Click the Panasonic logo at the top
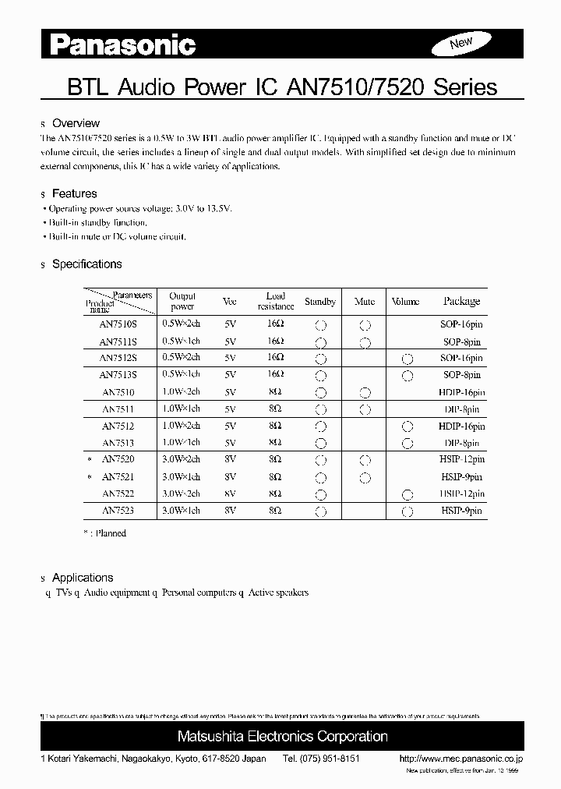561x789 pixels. point(123,46)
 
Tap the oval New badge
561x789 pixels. point(461,43)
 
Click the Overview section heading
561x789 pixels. point(76,123)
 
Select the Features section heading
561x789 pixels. point(74,193)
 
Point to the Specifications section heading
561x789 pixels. point(86,264)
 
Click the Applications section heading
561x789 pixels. point(82,578)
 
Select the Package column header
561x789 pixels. point(461,301)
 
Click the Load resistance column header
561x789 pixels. point(275,301)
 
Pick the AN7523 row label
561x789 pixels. point(118,511)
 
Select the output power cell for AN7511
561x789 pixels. point(181,409)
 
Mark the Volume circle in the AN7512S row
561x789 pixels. point(406,359)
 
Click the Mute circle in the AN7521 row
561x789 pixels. point(365,477)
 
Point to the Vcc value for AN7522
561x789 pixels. point(229,494)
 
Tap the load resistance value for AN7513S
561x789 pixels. point(275,375)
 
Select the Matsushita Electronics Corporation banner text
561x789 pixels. point(282,736)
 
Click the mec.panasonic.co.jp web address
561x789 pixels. point(460,759)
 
